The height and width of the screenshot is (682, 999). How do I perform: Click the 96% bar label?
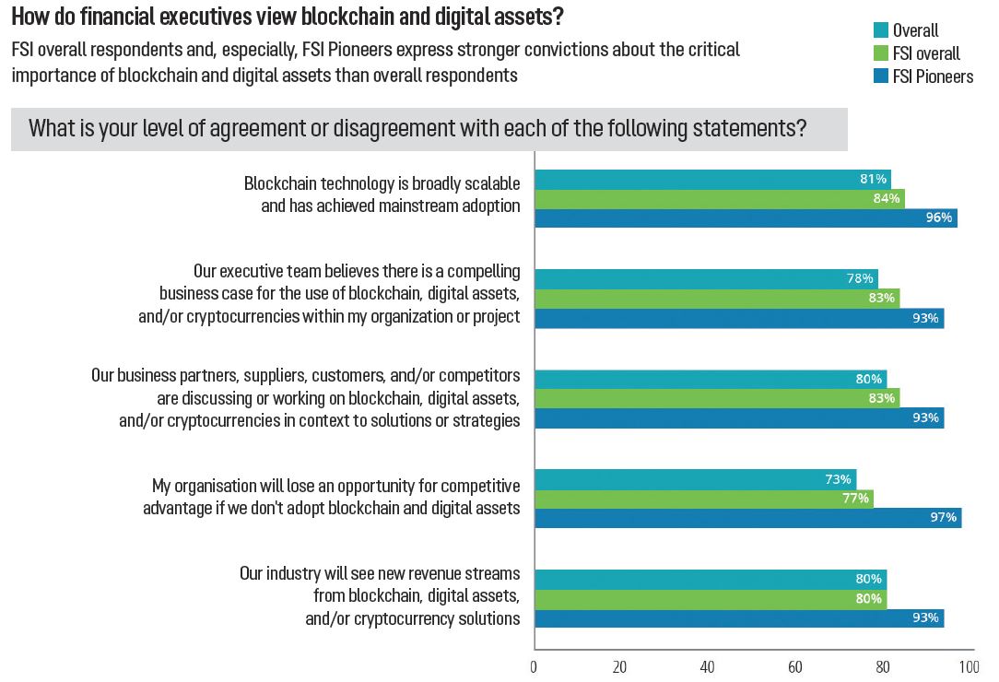(x=939, y=218)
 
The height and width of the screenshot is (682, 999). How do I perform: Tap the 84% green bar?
(x=719, y=198)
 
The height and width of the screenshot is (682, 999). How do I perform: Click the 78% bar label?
(x=860, y=278)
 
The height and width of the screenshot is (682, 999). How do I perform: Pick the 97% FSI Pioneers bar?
(x=747, y=518)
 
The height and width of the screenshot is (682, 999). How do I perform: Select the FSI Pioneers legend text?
(x=933, y=76)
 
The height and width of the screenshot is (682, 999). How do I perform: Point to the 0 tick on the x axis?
(x=535, y=666)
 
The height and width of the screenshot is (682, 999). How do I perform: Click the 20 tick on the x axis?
(x=621, y=666)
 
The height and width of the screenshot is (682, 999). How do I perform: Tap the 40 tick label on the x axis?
(x=708, y=666)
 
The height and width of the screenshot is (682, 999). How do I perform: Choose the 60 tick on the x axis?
(x=794, y=666)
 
